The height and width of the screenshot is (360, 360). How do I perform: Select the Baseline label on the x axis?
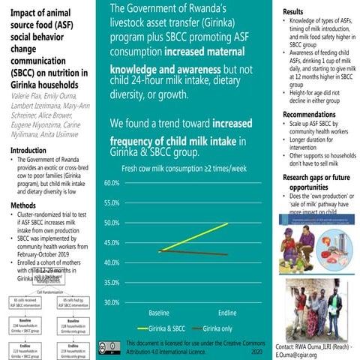[x=159, y=312]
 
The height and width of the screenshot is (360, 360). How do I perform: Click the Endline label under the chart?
[x=228, y=312]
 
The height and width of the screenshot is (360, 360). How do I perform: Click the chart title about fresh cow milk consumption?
[x=184, y=170]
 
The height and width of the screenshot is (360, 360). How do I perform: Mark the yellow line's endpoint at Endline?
[x=228, y=223]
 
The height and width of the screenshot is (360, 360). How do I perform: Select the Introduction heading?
[x=26, y=150]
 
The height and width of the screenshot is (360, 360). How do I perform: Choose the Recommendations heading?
[x=309, y=114]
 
